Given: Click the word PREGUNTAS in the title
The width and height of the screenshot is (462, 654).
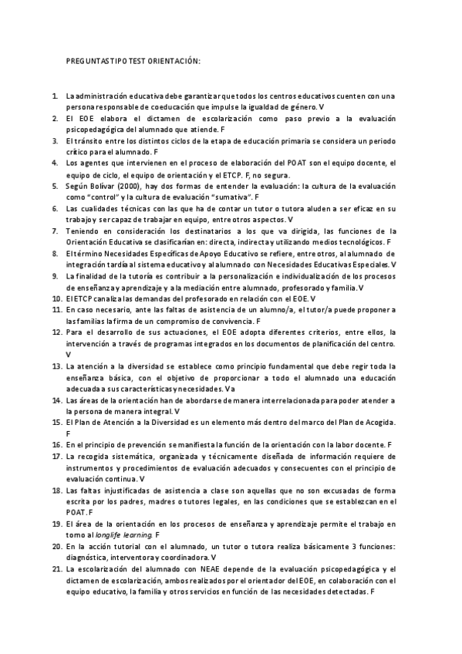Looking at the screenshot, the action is click(x=86, y=61).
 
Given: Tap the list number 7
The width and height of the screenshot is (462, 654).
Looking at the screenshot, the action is click(x=56, y=230).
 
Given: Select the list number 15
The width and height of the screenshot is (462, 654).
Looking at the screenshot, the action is click(x=57, y=423).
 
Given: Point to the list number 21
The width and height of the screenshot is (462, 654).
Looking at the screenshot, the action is click(x=57, y=568).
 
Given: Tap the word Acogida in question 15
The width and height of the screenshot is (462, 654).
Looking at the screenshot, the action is click(x=377, y=423).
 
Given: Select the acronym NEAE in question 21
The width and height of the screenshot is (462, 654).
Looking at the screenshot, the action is click(x=208, y=568).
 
